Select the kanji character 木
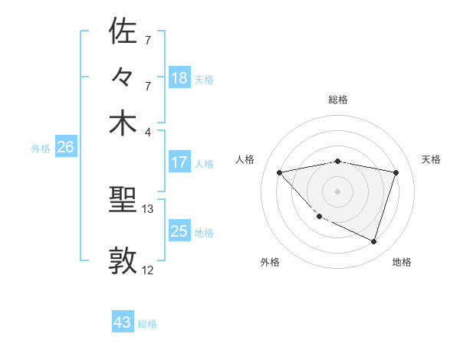(x=123, y=124)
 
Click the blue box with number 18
(x=179, y=78)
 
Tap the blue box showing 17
(x=179, y=162)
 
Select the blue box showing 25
(x=179, y=231)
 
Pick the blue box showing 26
(x=65, y=148)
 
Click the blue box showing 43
(x=123, y=322)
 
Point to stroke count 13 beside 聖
(x=148, y=208)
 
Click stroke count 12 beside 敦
(x=148, y=270)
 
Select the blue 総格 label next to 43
(x=147, y=324)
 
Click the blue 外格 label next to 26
(x=41, y=149)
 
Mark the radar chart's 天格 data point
(x=396, y=172)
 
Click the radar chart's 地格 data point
(x=373, y=242)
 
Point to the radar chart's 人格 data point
(x=280, y=172)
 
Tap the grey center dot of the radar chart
(x=338, y=191)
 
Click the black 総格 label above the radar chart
(x=338, y=100)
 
